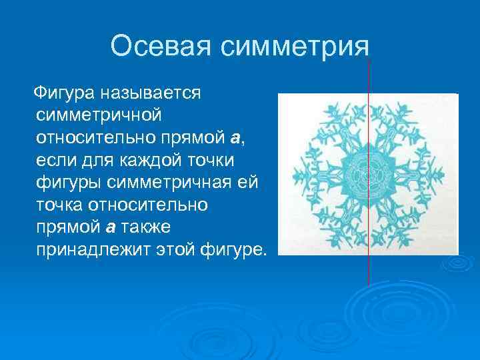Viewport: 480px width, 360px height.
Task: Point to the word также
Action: click(147, 227)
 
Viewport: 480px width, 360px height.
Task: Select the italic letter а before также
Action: click(111, 227)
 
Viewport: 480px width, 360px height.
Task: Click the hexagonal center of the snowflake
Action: click(367, 175)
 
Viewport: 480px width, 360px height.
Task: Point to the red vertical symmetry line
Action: click(369, 267)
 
